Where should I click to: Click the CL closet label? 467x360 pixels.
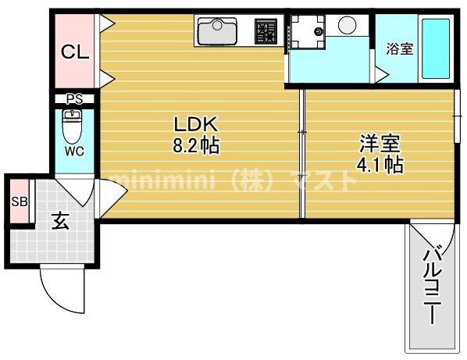coord(75,52)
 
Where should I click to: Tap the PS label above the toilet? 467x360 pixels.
coord(74,98)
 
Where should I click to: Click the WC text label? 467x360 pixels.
coord(74,150)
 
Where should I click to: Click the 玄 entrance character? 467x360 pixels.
coord(60,221)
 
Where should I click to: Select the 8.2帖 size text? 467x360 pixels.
coord(195,145)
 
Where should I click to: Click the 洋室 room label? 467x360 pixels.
coord(380,144)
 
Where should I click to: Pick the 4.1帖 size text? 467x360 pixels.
coord(380,165)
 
